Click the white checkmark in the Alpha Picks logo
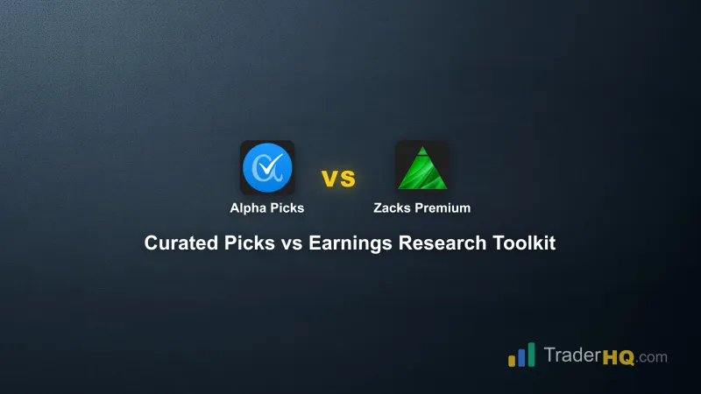pos(270,164)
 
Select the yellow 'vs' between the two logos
pos(338,179)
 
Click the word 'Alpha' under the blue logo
pos(247,208)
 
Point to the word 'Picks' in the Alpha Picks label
pos(286,208)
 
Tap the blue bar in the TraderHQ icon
pos(521,355)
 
